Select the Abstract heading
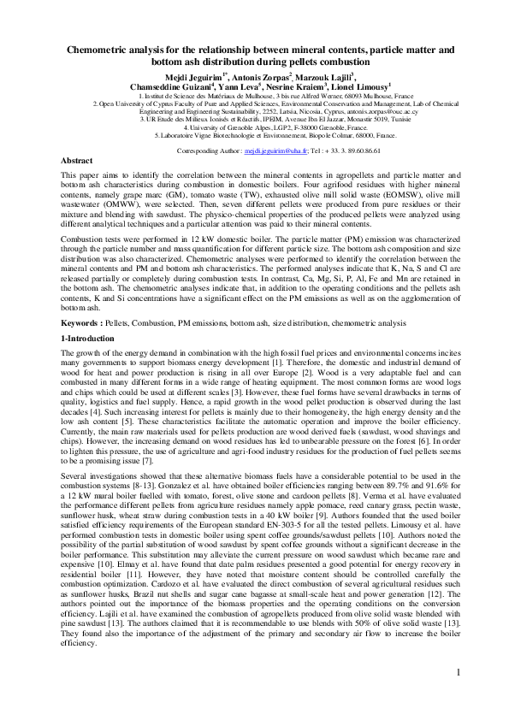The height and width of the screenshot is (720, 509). coord(77,161)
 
